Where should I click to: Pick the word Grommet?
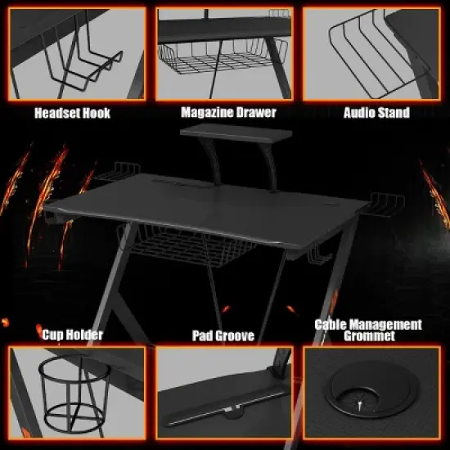tap(368, 336)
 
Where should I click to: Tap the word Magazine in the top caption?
tap(208, 112)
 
